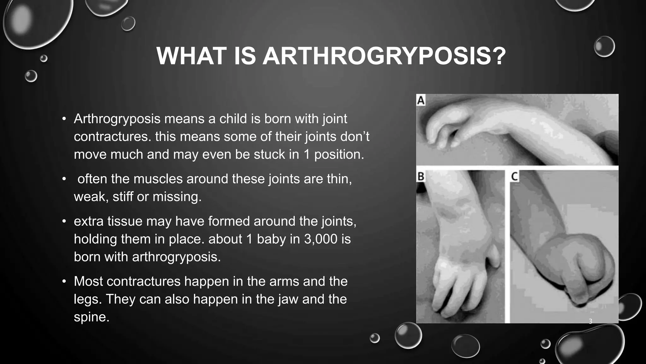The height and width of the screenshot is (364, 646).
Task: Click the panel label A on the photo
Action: point(421,100)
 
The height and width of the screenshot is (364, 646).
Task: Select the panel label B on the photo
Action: point(420,176)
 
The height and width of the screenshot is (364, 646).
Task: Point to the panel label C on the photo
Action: point(514,176)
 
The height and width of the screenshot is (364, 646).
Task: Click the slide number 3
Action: point(590,321)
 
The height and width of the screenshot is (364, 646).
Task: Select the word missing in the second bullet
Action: point(177,197)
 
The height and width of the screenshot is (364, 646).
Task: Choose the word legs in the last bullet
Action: point(85,299)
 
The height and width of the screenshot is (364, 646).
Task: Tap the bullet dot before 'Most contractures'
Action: point(64,281)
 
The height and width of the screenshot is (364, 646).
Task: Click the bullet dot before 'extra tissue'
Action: point(64,221)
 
